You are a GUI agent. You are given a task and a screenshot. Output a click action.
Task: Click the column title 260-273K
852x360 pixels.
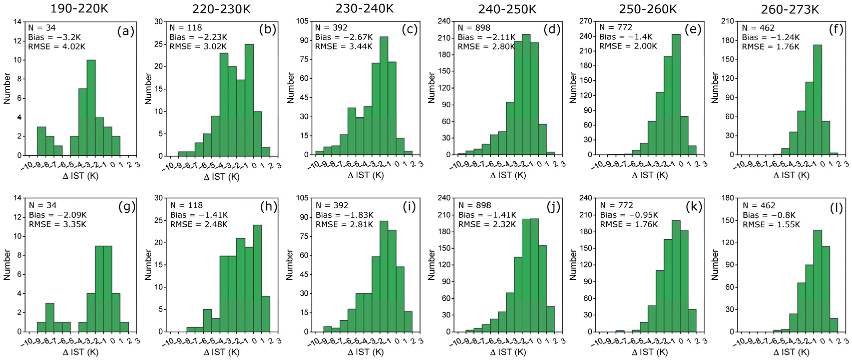pyautogui.click(x=790, y=9)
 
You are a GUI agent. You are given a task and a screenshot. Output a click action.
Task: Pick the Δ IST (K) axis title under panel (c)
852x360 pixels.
pyautogui.click(x=366, y=175)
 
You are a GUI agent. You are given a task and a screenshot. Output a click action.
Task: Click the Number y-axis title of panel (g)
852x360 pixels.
pyautogui.click(x=7, y=265)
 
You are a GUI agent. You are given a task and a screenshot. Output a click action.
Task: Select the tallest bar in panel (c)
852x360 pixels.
pyautogui.click(x=384, y=96)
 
